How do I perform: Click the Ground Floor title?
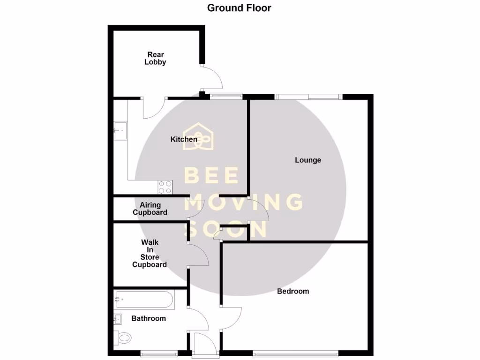click(239, 8)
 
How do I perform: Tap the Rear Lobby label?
click(155, 58)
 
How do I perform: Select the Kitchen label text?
click(184, 139)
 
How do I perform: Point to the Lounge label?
click(308, 160)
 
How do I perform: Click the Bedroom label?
click(293, 291)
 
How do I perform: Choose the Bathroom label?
click(149, 318)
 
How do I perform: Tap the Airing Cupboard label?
click(150, 209)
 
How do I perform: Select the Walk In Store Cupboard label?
click(150, 254)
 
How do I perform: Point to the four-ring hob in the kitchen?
click(165, 187)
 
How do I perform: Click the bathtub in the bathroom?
click(144, 299)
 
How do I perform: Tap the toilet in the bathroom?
click(123, 337)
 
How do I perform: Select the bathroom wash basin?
click(118, 319)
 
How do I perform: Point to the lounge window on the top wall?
click(308, 97)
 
